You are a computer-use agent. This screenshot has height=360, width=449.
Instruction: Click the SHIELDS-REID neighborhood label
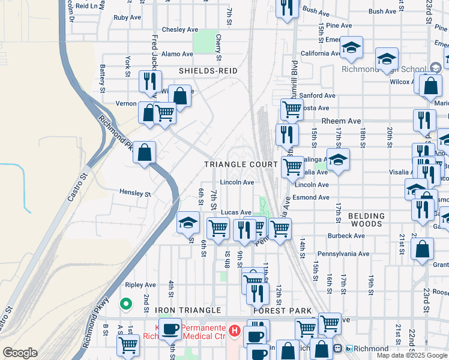coord(208,71)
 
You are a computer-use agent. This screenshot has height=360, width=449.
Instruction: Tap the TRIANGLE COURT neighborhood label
coord(241,164)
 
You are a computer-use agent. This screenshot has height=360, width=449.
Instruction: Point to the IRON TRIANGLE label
coord(180,310)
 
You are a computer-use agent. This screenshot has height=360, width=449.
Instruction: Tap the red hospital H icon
coord(234,331)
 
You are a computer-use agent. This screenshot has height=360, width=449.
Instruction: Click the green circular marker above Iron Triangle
coord(126,304)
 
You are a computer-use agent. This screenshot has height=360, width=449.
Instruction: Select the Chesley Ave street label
coord(180,29)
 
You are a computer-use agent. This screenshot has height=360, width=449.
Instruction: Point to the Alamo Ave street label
coord(177,54)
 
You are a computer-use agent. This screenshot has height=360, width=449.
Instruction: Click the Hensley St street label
coord(134,193)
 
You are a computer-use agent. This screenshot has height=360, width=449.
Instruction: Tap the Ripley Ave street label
coord(140,285)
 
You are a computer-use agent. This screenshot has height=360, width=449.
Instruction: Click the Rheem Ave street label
coord(340,121)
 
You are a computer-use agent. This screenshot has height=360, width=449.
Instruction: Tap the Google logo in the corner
coord(20,353)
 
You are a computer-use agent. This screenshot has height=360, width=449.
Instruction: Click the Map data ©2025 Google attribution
coord(411,355)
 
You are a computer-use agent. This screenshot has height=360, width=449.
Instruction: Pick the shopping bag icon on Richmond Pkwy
coord(145,154)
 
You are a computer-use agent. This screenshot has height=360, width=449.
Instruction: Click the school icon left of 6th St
coord(188,223)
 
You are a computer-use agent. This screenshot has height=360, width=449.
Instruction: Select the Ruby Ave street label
coord(127,17)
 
